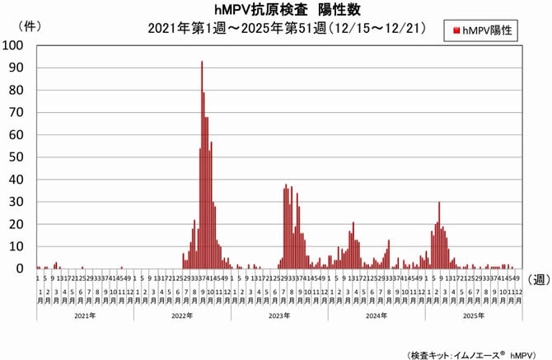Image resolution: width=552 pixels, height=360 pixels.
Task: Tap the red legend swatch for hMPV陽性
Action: point(456,31)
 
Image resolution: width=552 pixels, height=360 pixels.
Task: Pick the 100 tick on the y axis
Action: point(15,45)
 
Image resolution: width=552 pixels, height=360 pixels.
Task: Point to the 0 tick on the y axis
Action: point(21,269)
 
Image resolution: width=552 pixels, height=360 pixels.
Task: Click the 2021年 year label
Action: point(85,316)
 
